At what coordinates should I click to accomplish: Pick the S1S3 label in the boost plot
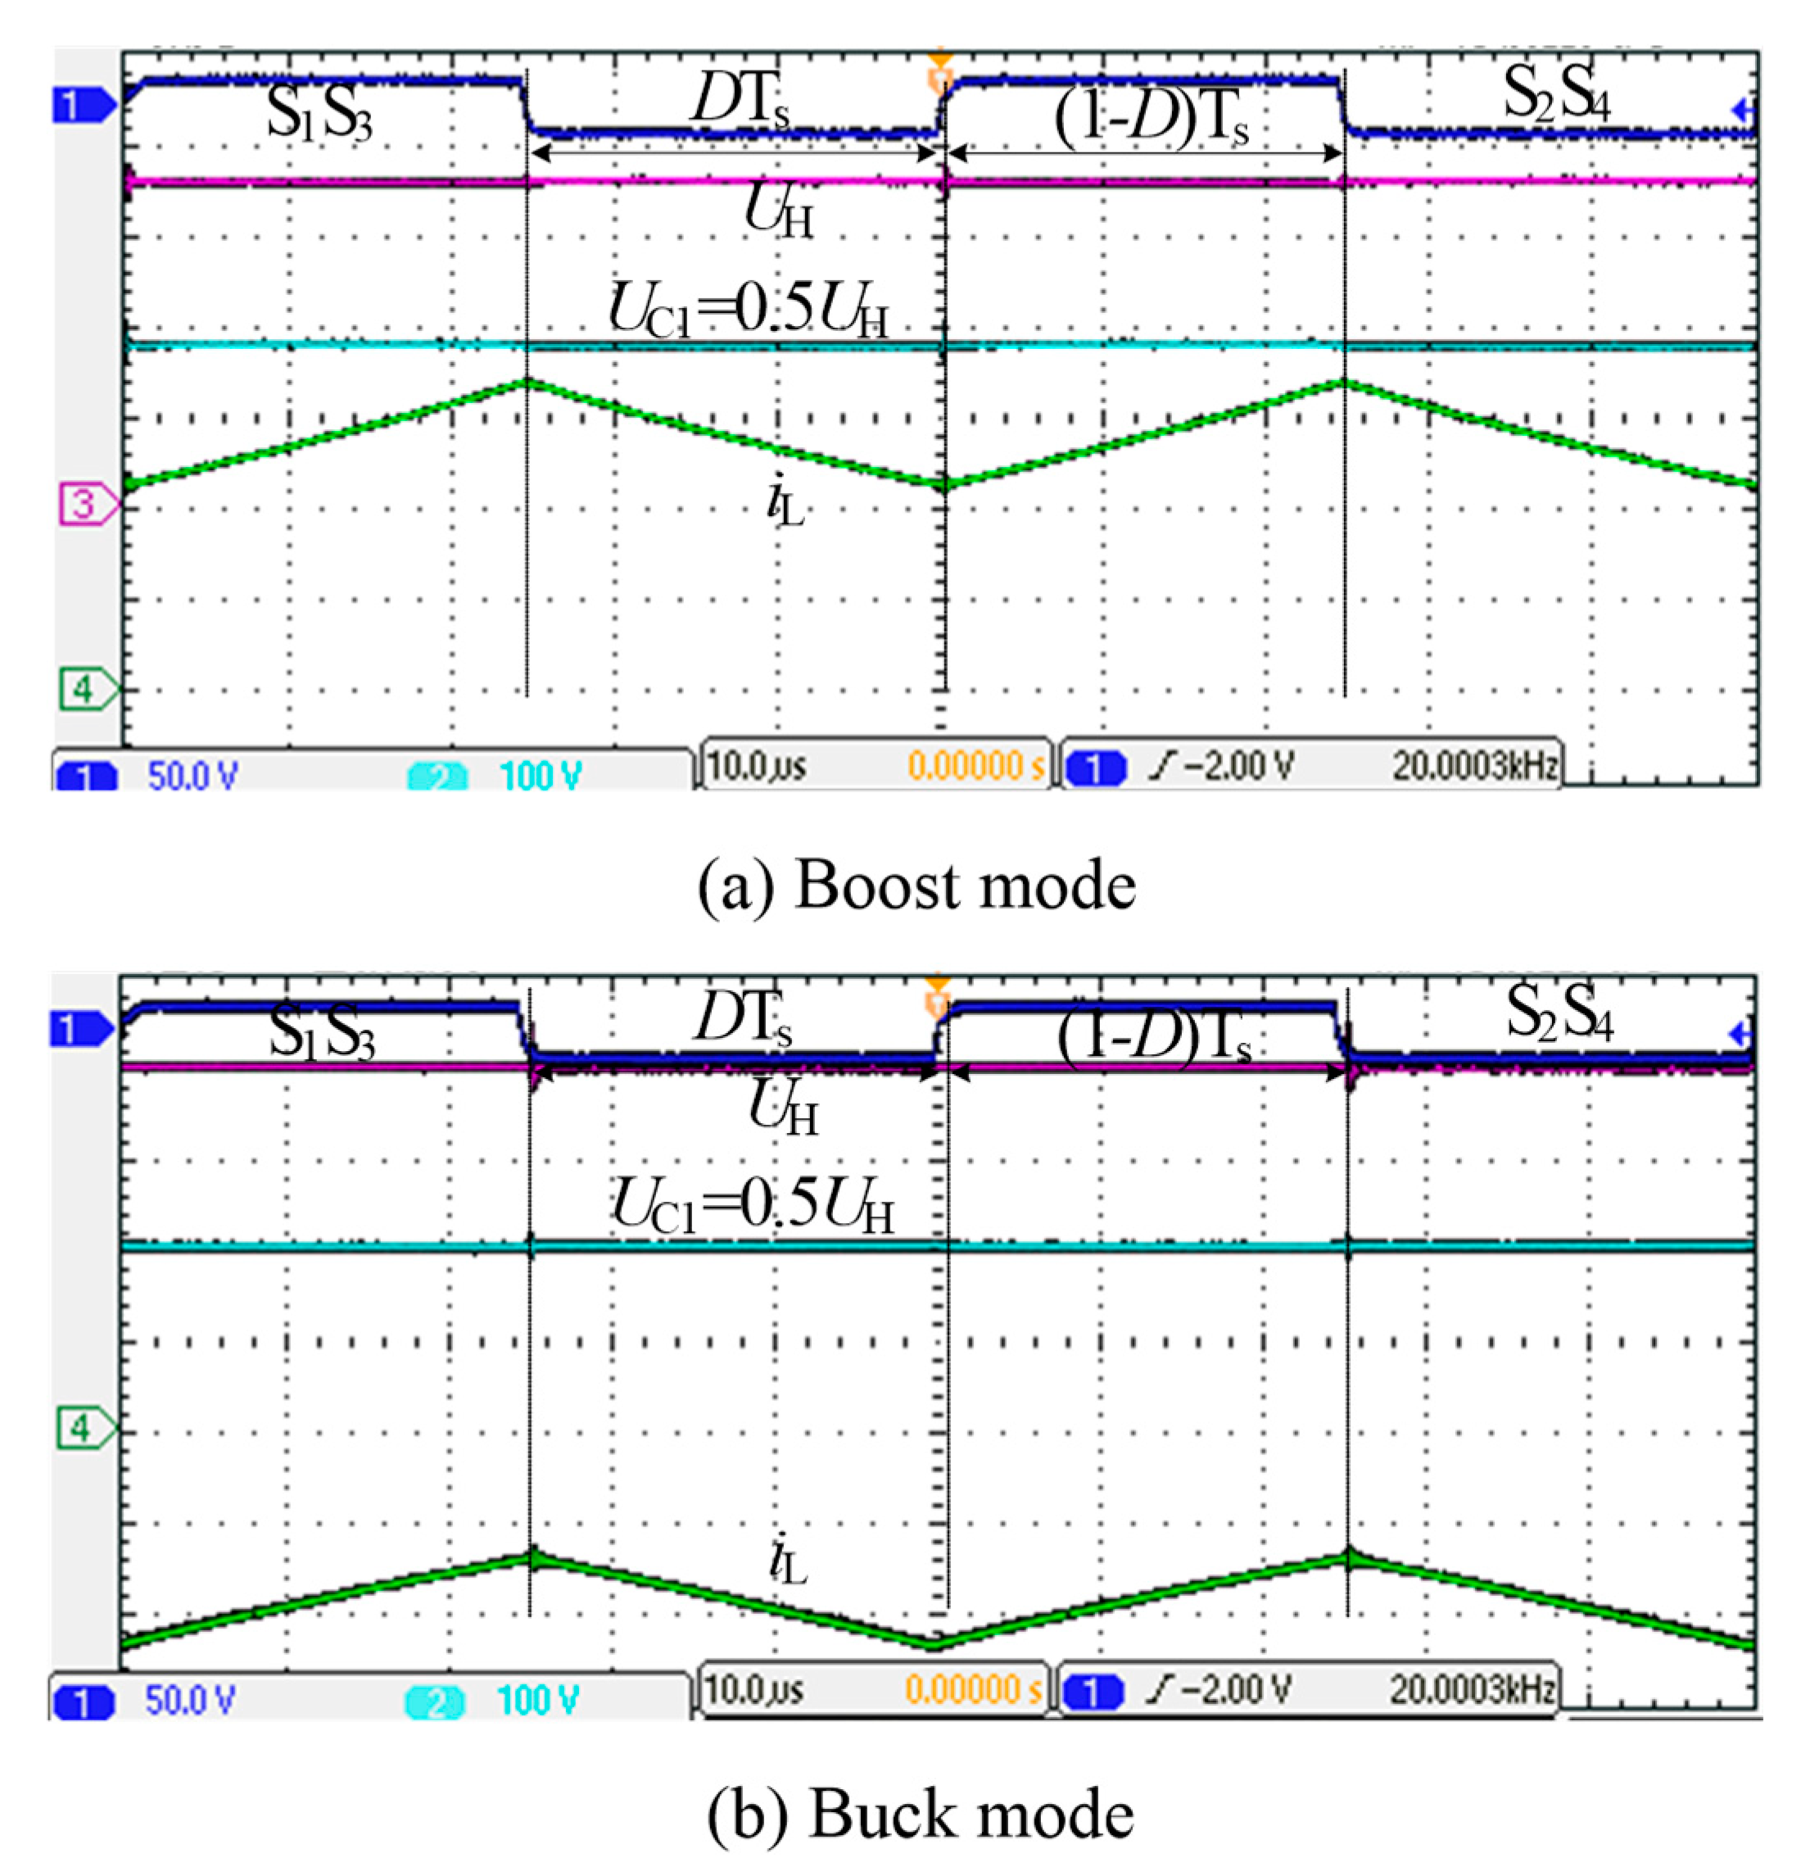coord(319,116)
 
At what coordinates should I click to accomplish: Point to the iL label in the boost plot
coord(785,504)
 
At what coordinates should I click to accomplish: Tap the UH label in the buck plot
coord(782,1110)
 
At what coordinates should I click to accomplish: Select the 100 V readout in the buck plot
coord(538,1700)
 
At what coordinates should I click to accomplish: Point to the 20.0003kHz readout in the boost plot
coord(1473,767)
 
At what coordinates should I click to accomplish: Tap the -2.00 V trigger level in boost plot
coord(1223,767)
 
